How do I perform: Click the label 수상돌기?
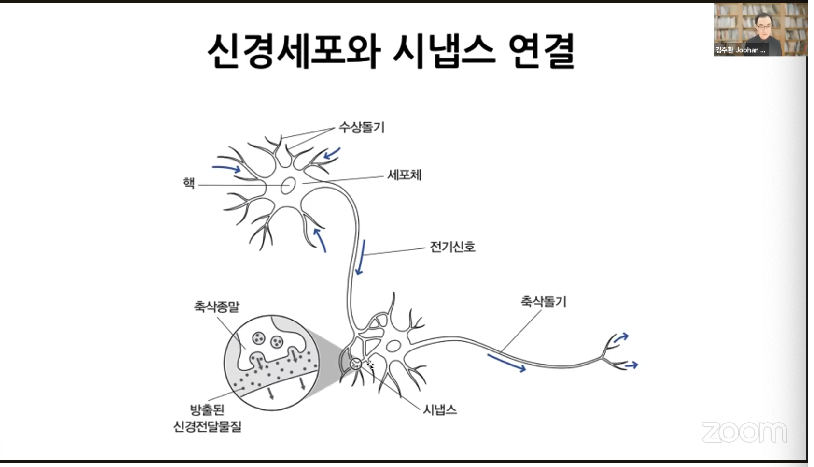(x=362, y=127)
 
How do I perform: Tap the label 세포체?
(x=404, y=175)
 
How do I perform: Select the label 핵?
(x=188, y=183)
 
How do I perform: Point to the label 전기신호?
(x=452, y=247)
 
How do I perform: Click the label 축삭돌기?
(x=543, y=302)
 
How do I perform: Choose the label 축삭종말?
(x=216, y=306)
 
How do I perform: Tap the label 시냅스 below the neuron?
(x=439, y=410)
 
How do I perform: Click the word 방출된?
(x=207, y=410)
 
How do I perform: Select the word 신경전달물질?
(x=207, y=427)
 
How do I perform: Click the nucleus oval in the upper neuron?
(x=288, y=185)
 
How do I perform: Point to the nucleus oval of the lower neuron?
(x=393, y=346)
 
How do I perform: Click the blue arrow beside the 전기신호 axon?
(x=361, y=257)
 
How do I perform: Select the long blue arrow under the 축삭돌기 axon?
(x=506, y=363)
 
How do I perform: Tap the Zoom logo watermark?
(x=744, y=432)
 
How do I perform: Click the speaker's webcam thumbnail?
(x=760, y=29)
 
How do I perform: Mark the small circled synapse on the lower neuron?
(x=355, y=364)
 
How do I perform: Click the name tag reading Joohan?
(x=740, y=50)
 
